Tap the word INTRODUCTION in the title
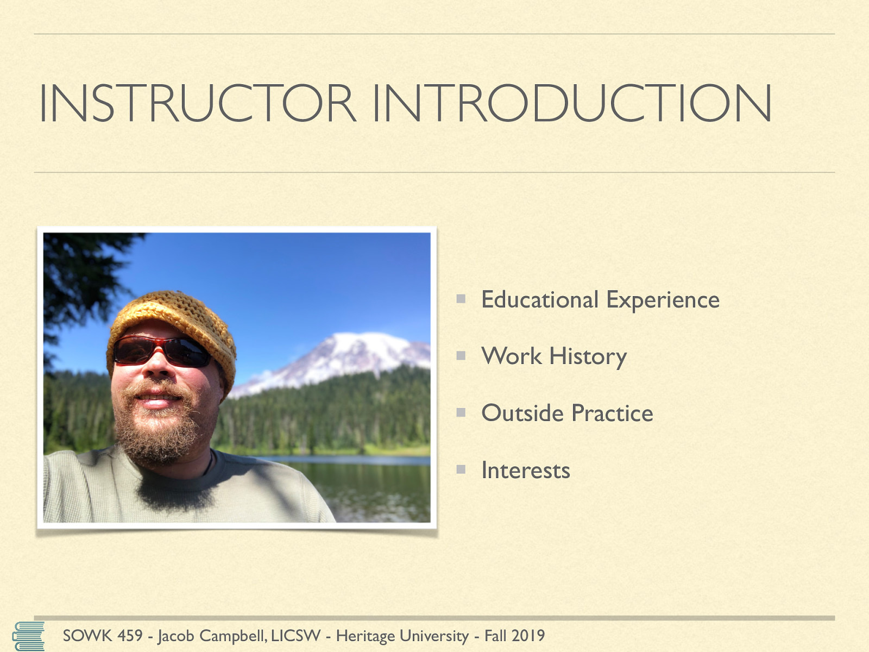click(572, 103)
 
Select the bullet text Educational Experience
click(600, 300)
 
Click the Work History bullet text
click(554, 356)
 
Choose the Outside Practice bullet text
click(567, 413)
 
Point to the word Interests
click(526, 471)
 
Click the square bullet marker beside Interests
click(461, 469)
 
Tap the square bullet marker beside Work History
click(461, 355)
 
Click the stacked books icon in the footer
click(28, 636)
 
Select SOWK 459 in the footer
click(103, 636)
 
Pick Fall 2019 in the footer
click(514, 636)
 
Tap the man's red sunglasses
click(161, 351)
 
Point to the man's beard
click(159, 431)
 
